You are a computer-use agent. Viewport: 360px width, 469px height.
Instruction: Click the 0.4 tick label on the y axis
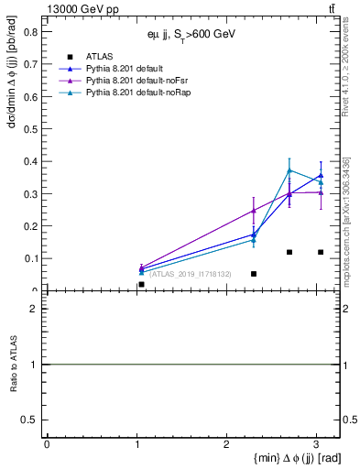coord(27,161)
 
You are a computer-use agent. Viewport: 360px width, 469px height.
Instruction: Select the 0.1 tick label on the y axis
coord(27,258)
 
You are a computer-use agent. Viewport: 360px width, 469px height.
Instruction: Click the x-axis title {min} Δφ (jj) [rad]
coord(287,457)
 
